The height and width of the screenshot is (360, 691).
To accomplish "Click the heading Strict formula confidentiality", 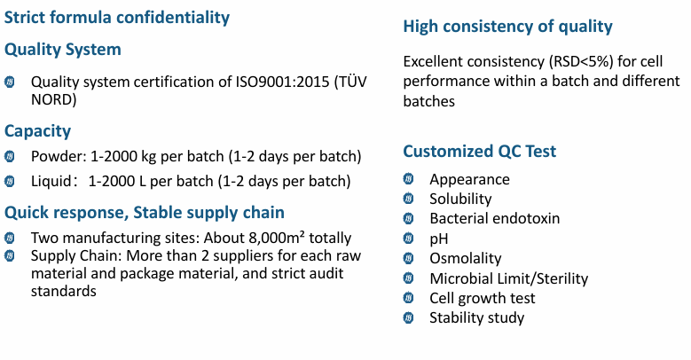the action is pos(117,18).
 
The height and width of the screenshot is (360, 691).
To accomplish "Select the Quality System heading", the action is pos(63,50).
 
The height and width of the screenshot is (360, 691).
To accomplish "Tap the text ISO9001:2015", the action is pos(282,82).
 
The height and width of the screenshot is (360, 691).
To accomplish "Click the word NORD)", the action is pos(54,99).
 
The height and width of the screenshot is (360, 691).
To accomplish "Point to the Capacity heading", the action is pos(37,131).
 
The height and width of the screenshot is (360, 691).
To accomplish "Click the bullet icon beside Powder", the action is pos(9,156).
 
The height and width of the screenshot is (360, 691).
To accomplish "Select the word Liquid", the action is pos(51,181).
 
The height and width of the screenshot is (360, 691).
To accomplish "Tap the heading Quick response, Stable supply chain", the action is pos(144,213).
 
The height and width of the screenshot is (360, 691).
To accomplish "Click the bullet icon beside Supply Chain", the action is pos(9,255).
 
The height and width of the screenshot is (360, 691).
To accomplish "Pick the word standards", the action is pos(64,291).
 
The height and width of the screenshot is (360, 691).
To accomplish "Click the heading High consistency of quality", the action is pos(507,27).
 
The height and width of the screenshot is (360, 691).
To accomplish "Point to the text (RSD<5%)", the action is pos(581,61).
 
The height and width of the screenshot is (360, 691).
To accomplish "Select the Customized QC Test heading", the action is pos(480,151).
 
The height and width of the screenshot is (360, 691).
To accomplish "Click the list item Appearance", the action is pos(470,180).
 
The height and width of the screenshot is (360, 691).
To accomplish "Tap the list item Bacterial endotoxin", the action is pos(494,218).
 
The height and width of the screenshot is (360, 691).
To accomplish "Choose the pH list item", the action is pos(439,239).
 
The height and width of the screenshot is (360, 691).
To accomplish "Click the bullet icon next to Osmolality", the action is pos(409,258).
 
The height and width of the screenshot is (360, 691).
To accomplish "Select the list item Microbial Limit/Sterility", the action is pos(509,278).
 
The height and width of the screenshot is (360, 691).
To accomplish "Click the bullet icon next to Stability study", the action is pos(409,317).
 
